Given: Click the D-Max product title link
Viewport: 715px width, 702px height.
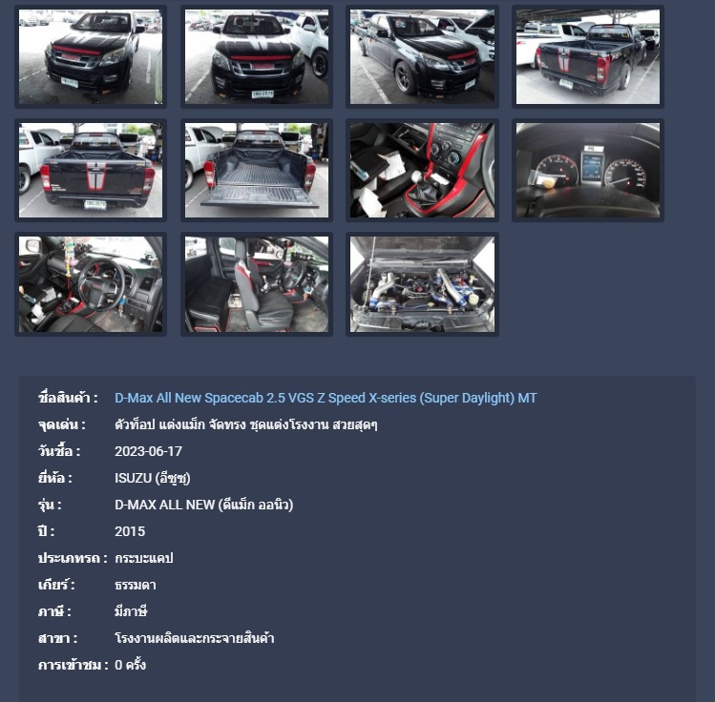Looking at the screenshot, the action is click(326, 398).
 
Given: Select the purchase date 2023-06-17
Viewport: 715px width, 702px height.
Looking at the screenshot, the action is click(148, 451).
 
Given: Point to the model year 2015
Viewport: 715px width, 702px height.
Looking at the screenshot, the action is click(130, 531).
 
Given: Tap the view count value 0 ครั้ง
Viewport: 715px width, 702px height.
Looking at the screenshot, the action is click(131, 665).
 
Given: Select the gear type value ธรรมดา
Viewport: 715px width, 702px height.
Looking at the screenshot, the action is click(136, 585).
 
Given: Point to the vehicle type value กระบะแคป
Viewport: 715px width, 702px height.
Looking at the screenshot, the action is click(143, 559).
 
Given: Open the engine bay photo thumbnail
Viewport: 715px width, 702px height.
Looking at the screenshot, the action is click(422, 284).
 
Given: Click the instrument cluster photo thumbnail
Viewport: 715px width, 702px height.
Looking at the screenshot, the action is click(588, 171).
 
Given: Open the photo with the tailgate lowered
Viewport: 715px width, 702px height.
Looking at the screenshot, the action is click(256, 171).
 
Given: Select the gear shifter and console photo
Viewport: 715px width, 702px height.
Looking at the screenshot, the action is click(422, 171).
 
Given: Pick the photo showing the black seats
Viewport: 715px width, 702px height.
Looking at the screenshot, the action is click(256, 284).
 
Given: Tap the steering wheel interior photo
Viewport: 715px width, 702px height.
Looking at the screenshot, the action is click(91, 284).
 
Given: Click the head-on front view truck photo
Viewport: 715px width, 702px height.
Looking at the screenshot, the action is click(256, 57).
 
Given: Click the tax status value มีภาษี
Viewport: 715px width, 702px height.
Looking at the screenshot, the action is click(131, 611).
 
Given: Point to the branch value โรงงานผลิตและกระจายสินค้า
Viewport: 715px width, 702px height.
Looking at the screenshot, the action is click(195, 638).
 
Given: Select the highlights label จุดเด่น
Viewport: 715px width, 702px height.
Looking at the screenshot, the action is click(61, 424).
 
